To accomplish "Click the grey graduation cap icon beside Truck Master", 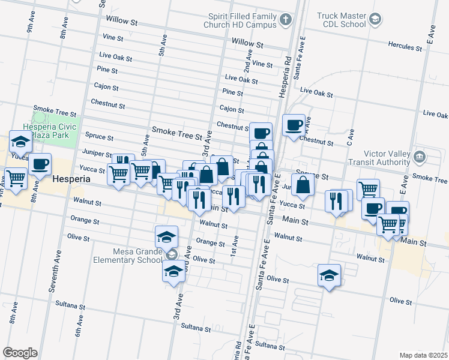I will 375,20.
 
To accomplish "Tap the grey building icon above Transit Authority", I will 420,157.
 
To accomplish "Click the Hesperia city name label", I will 71,179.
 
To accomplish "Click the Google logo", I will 20,353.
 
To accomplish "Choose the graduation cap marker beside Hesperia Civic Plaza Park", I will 20,143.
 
